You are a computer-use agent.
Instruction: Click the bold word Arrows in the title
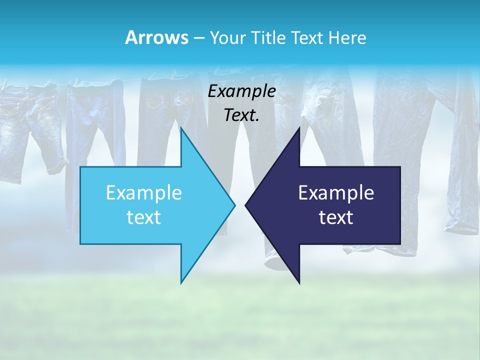[156, 37]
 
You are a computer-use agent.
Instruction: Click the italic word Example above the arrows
[242, 91]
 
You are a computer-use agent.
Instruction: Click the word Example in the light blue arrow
[144, 192]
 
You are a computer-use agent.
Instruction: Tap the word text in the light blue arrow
[144, 217]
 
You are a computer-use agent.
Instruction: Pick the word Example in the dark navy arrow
[336, 192]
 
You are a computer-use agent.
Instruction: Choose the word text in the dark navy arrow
[336, 217]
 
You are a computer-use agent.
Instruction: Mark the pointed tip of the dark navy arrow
[245, 205]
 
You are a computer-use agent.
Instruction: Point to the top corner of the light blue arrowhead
[181, 128]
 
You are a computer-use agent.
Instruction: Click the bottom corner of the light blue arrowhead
[181, 283]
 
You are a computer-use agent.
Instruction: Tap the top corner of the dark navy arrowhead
[299, 128]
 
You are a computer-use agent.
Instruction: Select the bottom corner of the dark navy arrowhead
[299, 283]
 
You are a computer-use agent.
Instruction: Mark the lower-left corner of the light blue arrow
[81, 243]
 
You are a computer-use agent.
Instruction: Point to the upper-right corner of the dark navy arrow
[400, 167]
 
